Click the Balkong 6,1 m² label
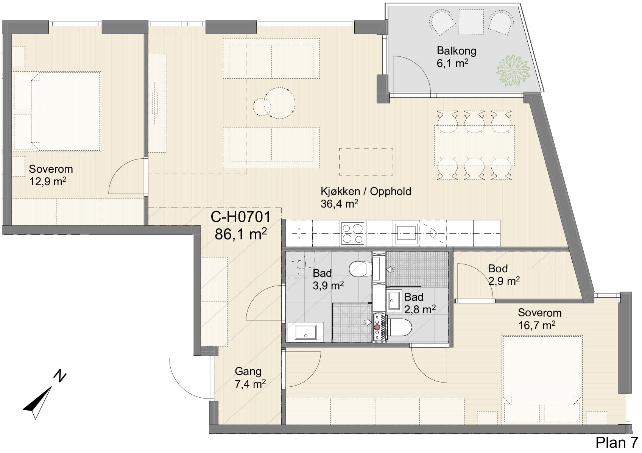pyautogui.click(x=456, y=57)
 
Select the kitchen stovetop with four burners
pyautogui.click(x=353, y=233)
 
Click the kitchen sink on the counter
pyautogui.click(x=406, y=233)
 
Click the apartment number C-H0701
pyautogui.click(x=240, y=217)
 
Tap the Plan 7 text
pyautogui.click(x=617, y=442)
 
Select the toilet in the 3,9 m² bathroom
pyautogui.click(x=360, y=269)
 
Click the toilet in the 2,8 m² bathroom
pyautogui.click(x=400, y=327)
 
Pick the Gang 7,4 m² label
pyautogui.click(x=250, y=378)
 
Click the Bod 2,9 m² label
pyautogui.click(x=504, y=275)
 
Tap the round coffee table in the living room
pyautogui.click(x=279, y=103)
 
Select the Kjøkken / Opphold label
pyautogui.click(x=366, y=191)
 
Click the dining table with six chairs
pyautogui.click(x=474, y=145)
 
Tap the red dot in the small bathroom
pyautogui.click(x=377, y=327)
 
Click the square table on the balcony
pyautogui.click(x=471, y=21)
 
